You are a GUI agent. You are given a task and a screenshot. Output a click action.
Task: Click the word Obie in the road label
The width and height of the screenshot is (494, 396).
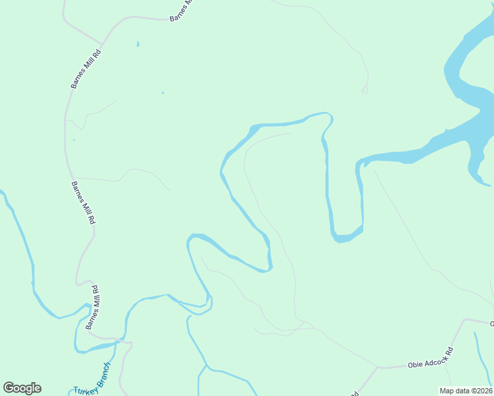(x=417, y=364)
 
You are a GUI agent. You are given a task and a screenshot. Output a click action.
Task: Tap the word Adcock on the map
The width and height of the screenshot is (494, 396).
(x=437, y=357)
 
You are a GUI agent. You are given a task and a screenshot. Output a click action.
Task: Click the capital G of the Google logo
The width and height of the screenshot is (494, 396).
(x=10, y=388)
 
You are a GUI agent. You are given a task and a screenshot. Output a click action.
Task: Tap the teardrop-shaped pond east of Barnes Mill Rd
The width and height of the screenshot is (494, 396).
(x=138, y=44)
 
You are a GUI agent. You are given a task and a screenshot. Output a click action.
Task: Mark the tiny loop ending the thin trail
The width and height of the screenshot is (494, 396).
(x=364, y=90)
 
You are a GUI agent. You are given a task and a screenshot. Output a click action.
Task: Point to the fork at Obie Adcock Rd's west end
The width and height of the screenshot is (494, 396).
(x=378, y=367)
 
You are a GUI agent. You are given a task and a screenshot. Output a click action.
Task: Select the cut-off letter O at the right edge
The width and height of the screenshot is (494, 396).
(x=491, y=323)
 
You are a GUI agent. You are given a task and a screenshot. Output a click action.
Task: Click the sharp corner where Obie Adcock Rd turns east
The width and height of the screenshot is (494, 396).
(x=466, y=320)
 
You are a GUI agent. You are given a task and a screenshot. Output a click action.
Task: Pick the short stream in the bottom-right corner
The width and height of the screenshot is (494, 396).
(x=481, y=356)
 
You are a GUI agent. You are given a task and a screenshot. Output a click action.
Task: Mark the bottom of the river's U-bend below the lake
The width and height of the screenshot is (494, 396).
(x=343, y=238)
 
